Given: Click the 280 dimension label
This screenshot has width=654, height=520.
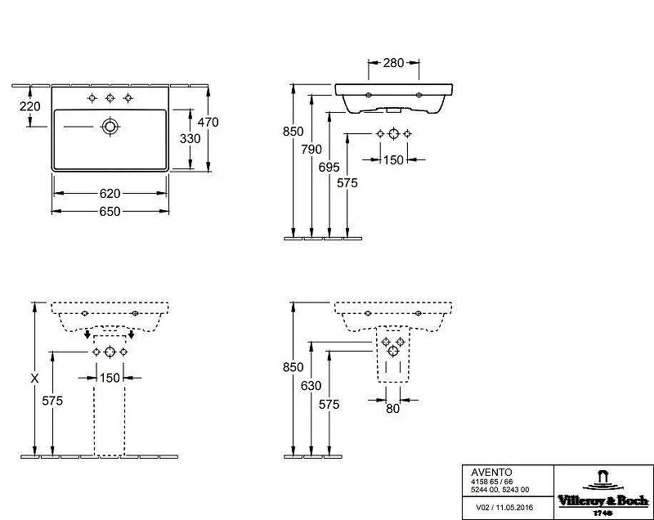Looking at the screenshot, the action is [393, 63].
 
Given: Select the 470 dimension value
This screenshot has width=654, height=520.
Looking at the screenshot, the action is [208, 122].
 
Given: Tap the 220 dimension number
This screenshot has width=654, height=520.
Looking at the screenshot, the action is [30, 106].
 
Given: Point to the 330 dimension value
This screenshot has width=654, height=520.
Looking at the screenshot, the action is [190, 138].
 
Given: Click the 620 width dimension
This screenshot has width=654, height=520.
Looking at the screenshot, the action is [110, 194].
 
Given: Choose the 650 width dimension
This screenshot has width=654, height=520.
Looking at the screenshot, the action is [110, 212].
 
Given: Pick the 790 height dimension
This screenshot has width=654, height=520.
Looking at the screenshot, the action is [311, 149].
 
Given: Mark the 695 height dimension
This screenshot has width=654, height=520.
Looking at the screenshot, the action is [329, 167].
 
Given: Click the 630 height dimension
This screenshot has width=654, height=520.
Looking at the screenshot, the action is [311, 385].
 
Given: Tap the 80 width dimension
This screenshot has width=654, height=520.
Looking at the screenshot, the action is [392, 409].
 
